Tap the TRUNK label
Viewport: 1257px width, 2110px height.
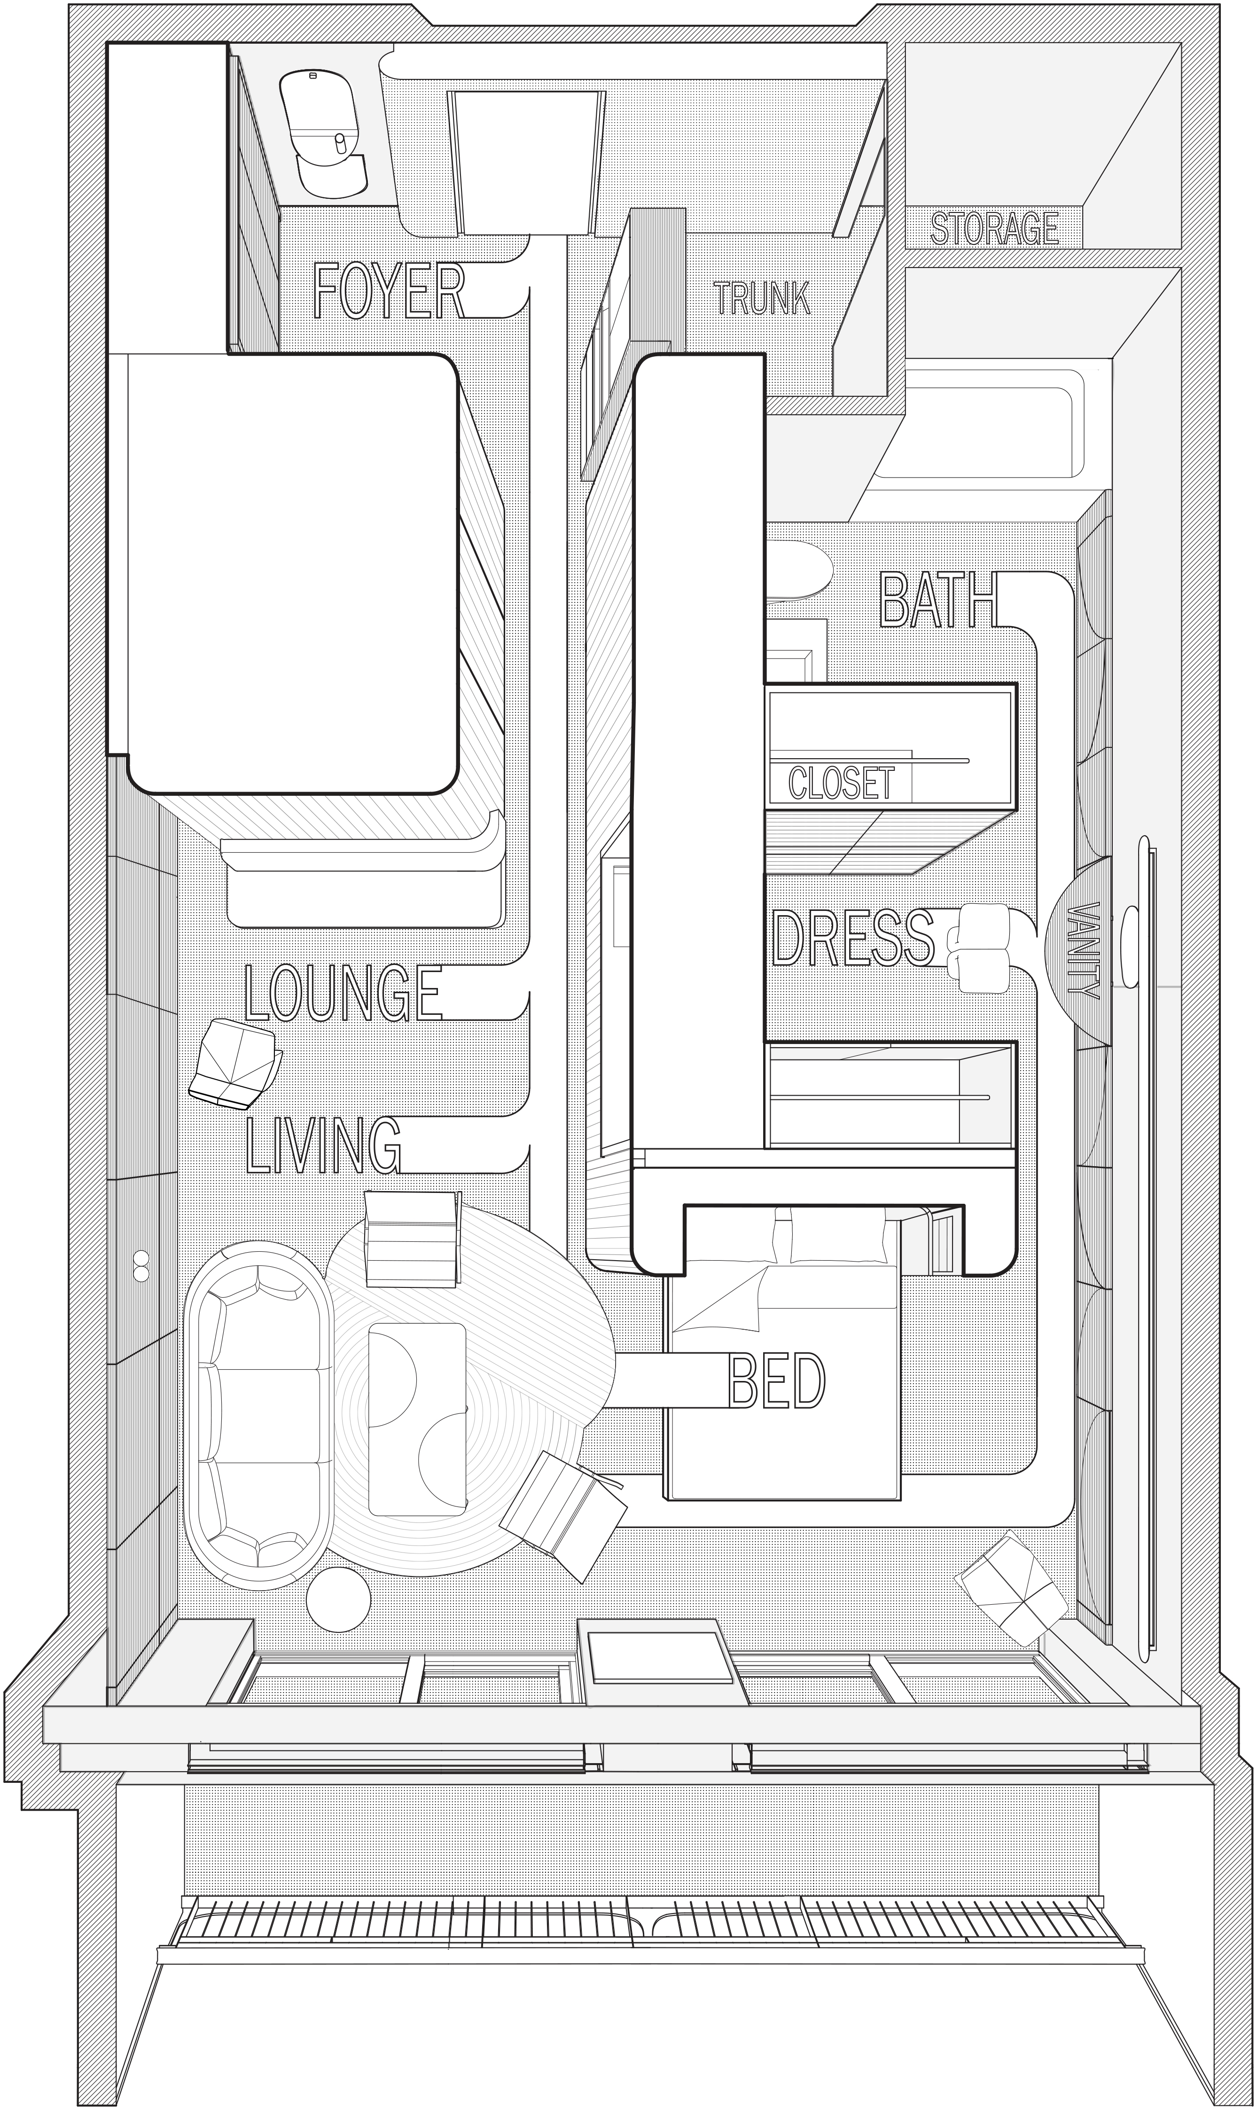click(x=762, y=298)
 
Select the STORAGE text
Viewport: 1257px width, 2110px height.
click(x=994, y=229)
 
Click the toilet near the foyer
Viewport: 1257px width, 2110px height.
click(x=324, y=135)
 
